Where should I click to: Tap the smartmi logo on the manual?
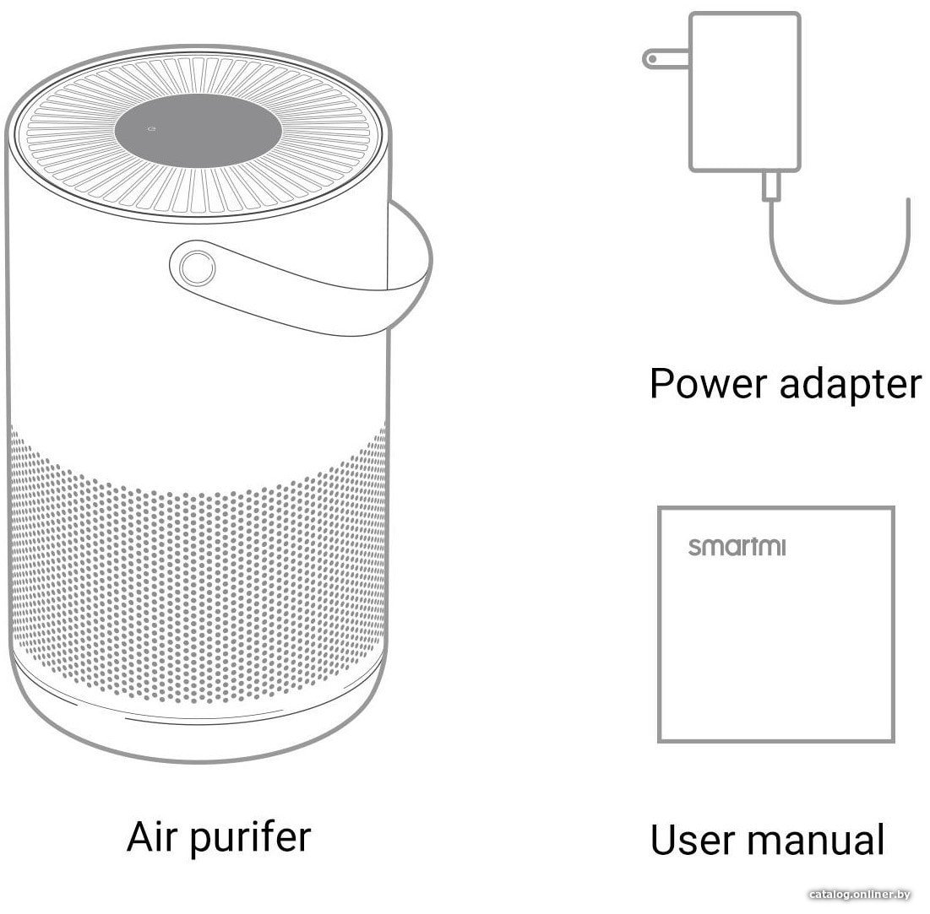737,546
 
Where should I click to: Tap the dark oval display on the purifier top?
199,131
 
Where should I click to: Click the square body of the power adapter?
744,92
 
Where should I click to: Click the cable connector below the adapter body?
771,186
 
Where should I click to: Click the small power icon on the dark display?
151,128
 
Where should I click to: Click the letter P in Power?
661,383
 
